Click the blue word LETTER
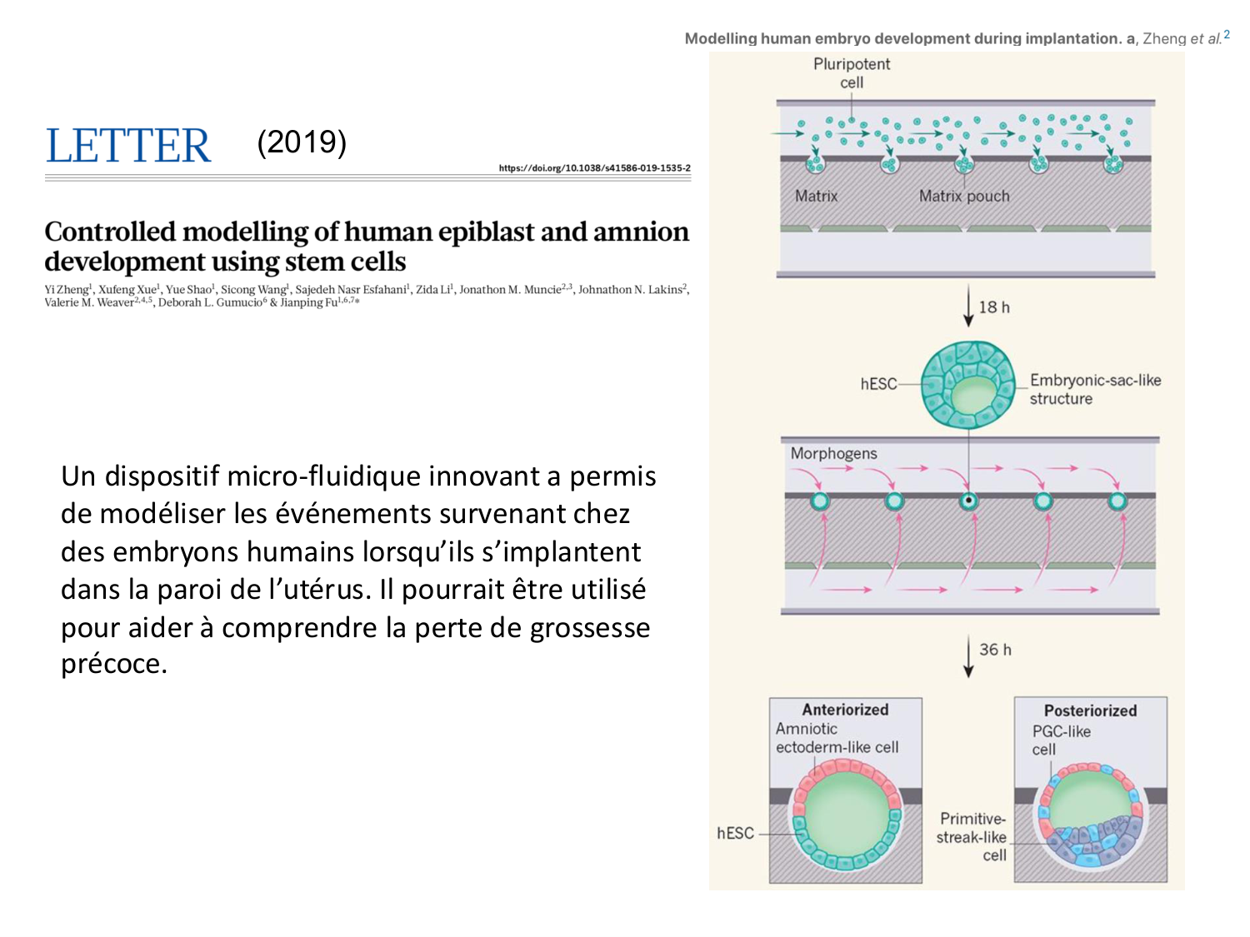[x=128, y=147]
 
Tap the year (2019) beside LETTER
[x=302, y=142]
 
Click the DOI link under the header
[x=594, y=168]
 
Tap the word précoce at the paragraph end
[x=114, y=664]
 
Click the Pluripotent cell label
[x=852, y=73]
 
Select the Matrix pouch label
[x=963, y=197]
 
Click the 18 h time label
[x=994, y=307]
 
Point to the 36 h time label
[x=995, y=650]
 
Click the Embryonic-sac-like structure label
[x=1094, y=389]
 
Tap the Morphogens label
[x=833, y=454]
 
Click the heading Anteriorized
[x=845, y=710]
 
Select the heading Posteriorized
[x=1090, y=710]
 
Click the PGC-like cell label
[x=1060, y=740]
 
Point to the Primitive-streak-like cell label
[x=972, y=837]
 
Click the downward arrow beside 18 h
[x=968, y=307]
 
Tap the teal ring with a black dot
[x=968, y=501]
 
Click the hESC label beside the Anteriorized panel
[x=735, y=833]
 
